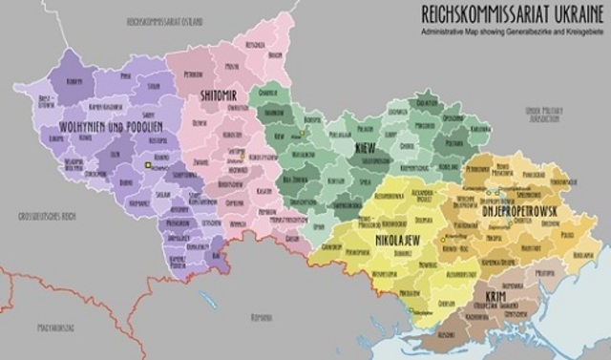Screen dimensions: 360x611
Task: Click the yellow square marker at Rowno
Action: click(x=147, y=166)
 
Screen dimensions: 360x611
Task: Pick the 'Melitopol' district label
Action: click(x=544, y=274)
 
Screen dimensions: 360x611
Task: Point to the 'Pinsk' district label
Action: click(x=125, y=73)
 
